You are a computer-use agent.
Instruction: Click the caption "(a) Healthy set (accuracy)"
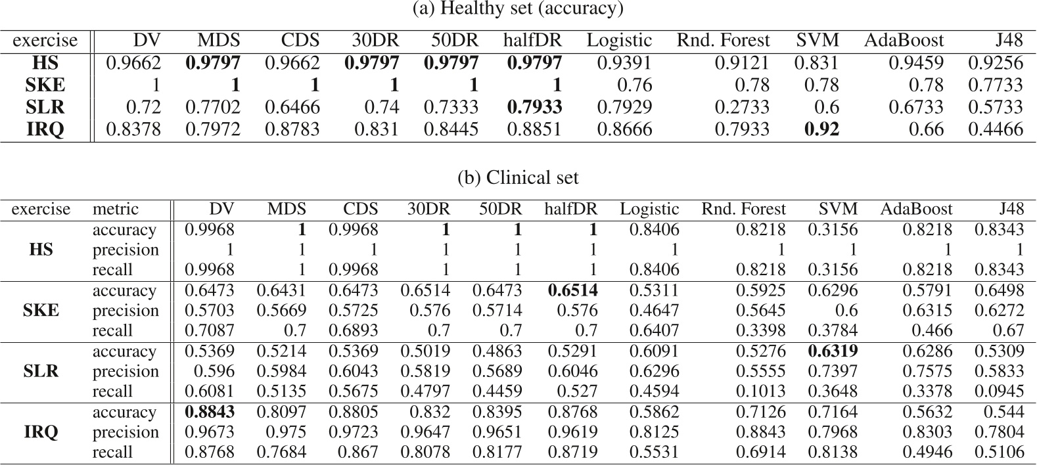coord(518,9)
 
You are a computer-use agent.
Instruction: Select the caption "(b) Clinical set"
coord(518,178)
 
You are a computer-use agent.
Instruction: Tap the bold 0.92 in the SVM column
coord(821,129)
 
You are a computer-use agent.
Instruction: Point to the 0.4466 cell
coord(996,129)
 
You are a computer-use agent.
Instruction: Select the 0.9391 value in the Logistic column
coord(624,63)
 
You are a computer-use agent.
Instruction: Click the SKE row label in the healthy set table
coord(45,85)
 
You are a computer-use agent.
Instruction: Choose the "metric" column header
coord(116,210)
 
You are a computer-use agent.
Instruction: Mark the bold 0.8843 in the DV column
coord(209,412)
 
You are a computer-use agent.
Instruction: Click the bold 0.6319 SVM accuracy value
coord(833,352)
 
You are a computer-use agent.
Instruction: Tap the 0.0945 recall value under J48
coord(1001,391)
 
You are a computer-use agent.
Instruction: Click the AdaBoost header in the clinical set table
coord(916,210)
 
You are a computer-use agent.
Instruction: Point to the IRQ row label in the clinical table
coord(41,432)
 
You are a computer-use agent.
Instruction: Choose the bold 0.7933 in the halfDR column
coord(534,107)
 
